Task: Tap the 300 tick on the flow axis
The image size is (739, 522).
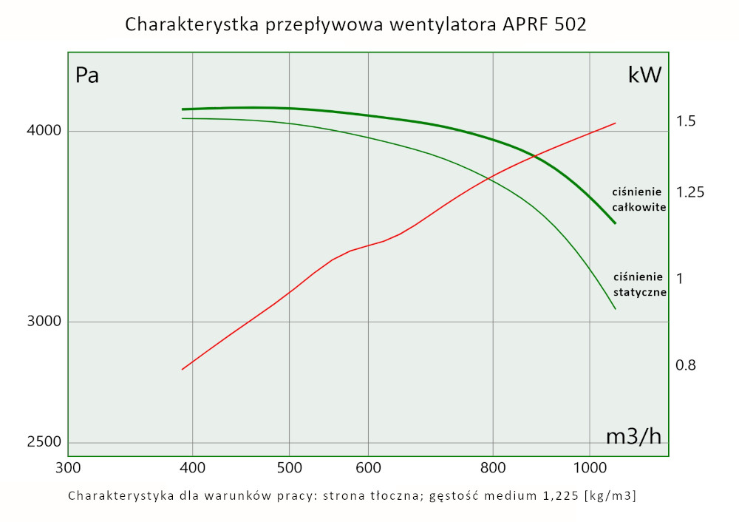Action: point(68,467)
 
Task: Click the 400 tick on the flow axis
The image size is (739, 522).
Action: point(192,467)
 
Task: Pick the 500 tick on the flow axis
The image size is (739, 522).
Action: point(289,467)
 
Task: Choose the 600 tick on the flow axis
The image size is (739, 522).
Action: point(368,467)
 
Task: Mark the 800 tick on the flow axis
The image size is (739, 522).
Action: point(493,467)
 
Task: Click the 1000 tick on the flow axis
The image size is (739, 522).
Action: point(589,467)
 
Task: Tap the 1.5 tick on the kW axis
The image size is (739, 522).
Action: point(686,121)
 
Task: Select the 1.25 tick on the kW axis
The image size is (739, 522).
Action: point(689,192)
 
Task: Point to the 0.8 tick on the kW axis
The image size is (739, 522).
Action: point(686,365)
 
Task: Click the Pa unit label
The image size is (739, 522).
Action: point(87,75)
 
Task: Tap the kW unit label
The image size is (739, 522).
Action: point(644,75)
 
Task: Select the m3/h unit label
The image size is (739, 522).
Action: point(633,436)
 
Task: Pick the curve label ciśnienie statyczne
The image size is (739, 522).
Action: point(640,284)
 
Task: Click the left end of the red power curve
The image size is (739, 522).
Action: point(183,369)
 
